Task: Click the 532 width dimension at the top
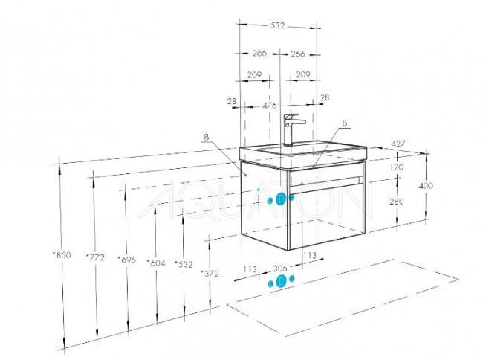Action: pyautogui.click(x=278, y=25)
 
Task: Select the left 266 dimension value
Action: pyautogui.click(x=259, y=53)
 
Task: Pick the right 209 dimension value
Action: pyautogui.click(x=302, y=74)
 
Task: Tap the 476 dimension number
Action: pyautogui.click(x=270, y=106)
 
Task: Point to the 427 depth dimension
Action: pyautogui.click(x=398, y=144)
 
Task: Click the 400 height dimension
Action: pyautogui.click(x=426, y=185)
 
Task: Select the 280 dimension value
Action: pyautogui.click(x=397, y=202)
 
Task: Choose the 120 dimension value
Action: pyautogui.click(x=397, y=167)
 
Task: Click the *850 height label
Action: pyautogui.click(x=62, y=255)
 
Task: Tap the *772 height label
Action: pyautogui.click(x=95, y=257)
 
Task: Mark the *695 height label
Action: pyautogui.click(x=126, y=260)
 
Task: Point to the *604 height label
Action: pyautogui.click(x=156, y=263)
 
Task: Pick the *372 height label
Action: pyautogui.click(x=210, y=274)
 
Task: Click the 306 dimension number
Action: pyautogui.click(x=280, y=269)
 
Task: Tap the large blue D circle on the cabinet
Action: pyautogui.click(x=281, y=199)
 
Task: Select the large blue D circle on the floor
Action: pyautogui.click(x=281, y=281)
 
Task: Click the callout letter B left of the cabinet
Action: pyautogui.click(x=207, y=137)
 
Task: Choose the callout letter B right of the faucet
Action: pyautogui.click(x=345, y=123)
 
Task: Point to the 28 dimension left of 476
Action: pyautogui.click(x=232, y=101)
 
